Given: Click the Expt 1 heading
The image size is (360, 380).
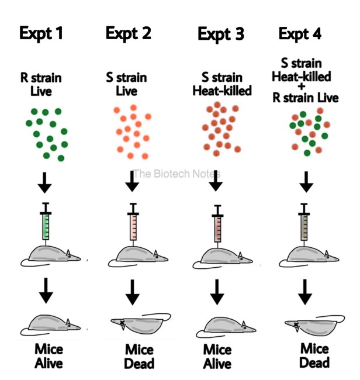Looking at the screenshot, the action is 41,33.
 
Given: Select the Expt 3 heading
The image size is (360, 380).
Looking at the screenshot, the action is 221,34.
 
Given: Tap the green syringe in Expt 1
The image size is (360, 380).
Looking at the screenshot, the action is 46,222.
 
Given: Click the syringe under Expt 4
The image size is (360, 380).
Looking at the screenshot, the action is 304,223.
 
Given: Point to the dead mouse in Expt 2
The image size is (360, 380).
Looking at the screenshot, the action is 140,324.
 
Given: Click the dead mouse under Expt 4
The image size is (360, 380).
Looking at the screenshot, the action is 314,325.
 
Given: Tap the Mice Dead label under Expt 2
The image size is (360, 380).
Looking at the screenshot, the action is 139,357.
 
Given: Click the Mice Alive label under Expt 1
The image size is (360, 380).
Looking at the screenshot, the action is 49,356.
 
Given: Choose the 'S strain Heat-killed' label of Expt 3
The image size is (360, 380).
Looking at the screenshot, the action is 222,84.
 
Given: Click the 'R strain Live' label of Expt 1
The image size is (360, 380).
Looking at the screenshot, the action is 41,85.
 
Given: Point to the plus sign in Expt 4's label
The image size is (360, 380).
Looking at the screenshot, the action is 302,87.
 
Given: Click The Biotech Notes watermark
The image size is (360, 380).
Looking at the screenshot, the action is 177,174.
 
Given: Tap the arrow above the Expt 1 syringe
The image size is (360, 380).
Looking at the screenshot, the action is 45,183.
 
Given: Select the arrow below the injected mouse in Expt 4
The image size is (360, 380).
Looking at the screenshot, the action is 305,292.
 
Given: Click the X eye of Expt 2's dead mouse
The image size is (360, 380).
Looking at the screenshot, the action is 122,322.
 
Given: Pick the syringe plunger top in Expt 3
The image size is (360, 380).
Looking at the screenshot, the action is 217,206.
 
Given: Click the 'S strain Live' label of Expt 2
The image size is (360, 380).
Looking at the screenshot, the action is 126,84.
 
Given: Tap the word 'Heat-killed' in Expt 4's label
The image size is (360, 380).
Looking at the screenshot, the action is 302,77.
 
